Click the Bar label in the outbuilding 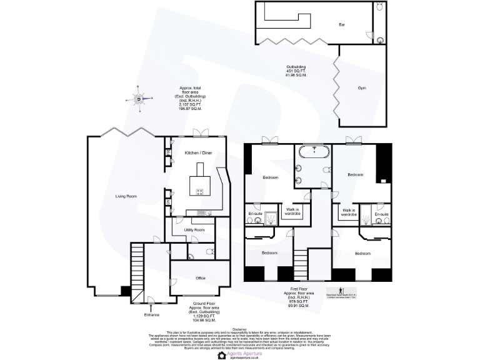click(342, 25)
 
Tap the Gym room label click(362, 88)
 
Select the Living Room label click(126, 196)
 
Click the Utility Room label click(194, 230)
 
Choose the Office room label click(201, 277)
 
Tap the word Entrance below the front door click(151, 314)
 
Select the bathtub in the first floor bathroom click(311, 152)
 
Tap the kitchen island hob click(201, 192)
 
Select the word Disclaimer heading click(240, 328)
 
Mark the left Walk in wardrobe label click(293, 211)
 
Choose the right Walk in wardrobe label click(348, 211)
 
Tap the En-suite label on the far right click(382, 214)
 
